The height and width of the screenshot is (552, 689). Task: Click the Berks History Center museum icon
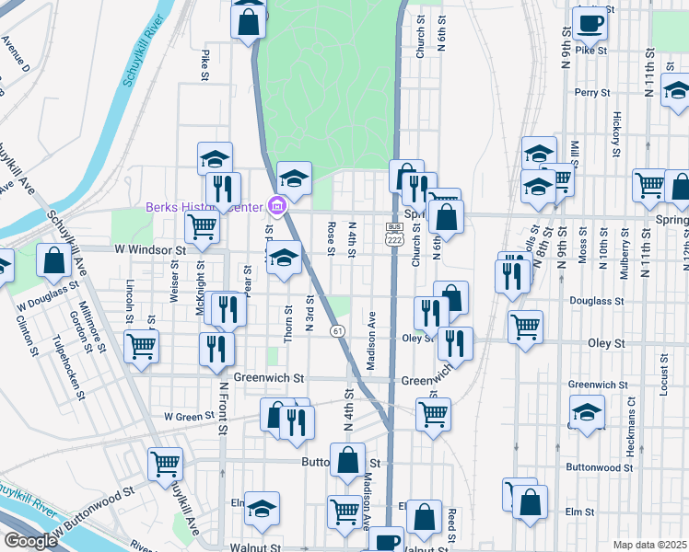coord(274,206)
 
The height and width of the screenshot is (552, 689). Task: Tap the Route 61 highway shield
coord(339,331)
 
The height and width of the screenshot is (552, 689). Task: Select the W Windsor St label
coord(150,249)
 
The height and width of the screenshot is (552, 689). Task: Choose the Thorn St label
coord(288,323)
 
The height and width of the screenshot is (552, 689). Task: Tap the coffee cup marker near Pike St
coord(590,24)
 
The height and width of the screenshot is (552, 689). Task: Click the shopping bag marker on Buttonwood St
coord(347,463)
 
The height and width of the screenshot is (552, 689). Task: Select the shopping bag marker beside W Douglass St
coord(53,263)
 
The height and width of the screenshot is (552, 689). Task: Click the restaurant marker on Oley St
coord(455,345)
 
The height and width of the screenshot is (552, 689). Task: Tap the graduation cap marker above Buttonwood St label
coord(586,412)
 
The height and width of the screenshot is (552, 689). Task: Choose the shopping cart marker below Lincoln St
coord(142,349)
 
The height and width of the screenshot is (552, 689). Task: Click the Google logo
coord(29,540)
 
